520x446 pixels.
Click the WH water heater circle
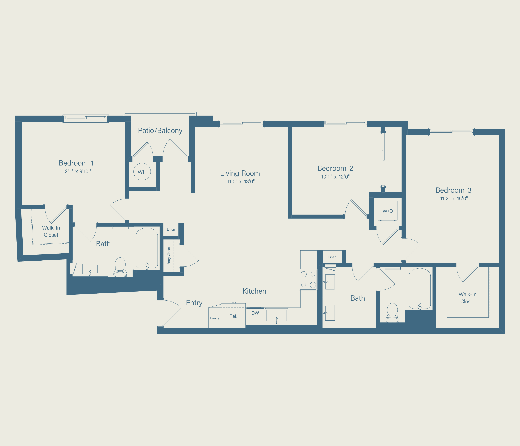coord(142,172)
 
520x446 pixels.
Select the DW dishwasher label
coord(255,313)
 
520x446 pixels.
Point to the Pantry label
coord(215,318)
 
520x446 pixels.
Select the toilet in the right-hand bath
coord(392,313)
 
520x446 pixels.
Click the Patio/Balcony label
coord(160,131)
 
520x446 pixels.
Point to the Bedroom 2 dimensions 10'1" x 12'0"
coord(335,177)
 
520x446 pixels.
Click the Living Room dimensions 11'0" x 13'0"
coord(241,182)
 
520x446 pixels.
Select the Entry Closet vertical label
coord(169,256)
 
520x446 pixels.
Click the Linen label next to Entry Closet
coord(171,229)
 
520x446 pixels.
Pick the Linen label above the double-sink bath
coord(332,257)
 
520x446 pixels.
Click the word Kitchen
coord(254,291)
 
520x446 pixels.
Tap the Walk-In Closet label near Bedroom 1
coord(51,231)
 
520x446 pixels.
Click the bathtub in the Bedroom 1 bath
coord(147,248)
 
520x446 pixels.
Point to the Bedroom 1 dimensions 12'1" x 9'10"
coord(77,171)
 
